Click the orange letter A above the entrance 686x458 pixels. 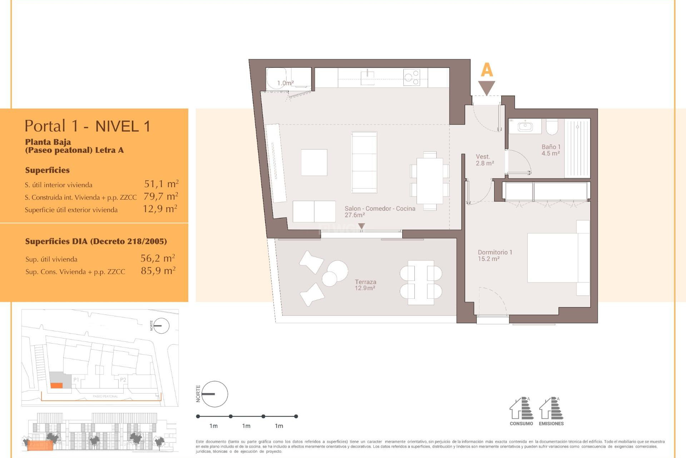487,70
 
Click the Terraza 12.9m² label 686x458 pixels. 365,285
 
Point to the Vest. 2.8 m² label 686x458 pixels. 484,160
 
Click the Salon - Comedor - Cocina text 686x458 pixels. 380,209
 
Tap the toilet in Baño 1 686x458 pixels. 552,127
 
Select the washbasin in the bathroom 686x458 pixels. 525,126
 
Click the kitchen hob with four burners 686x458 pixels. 412,77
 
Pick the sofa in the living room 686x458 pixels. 364,162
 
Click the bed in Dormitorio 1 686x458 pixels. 557,258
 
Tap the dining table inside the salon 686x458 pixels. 430,181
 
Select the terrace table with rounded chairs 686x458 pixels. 421,282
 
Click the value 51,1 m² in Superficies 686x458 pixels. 161,184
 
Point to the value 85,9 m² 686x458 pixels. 158,271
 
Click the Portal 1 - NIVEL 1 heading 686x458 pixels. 88,126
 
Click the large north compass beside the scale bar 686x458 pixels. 215,394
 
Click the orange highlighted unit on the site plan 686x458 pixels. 56,385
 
